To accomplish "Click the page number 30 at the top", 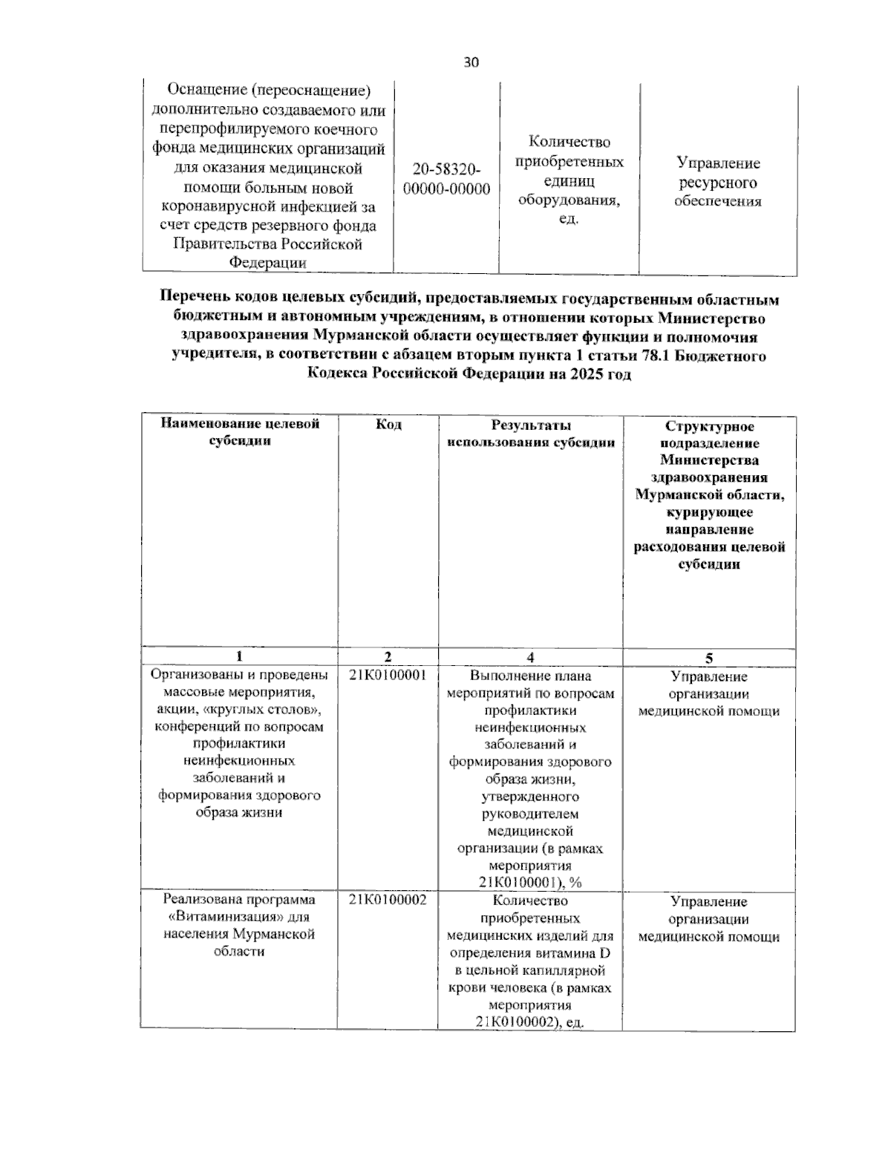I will pyautogui.click(x=471, y=62).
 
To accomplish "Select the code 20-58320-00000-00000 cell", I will pyautogui.click(x=446, y=180).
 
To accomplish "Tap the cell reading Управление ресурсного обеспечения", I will pyautogui.click(x=717, y=182).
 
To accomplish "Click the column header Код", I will pyautogui.click(x=388, y=425).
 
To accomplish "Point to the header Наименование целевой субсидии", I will pyautogui.click(x=240, y=432).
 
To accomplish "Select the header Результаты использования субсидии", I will pyautogui.click(x=530, y=434).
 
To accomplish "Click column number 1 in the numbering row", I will pyautogui.click(x=238, y=657).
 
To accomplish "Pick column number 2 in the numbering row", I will pyautogui.click(x=388, y=657).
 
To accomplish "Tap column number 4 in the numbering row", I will pyautogui.click(x=530, y=657).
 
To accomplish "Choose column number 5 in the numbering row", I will pyautogui.click(x=709, y=658).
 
